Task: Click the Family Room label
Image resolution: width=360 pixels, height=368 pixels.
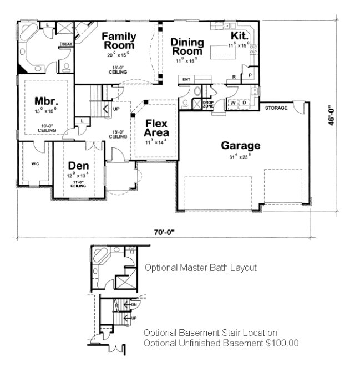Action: (119, 41)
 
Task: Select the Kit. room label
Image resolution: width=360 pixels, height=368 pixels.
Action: (239, 36)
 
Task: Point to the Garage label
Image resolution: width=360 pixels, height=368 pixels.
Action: (241, 146)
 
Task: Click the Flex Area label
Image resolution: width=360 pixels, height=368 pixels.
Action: (156, 129)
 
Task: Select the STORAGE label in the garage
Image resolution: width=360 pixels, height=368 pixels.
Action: (276, 108)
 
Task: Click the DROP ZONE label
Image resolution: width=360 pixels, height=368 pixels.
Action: (209, 104)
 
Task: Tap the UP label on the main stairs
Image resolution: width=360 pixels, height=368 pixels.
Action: (116, 109)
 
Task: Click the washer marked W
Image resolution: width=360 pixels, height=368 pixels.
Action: (233, 103)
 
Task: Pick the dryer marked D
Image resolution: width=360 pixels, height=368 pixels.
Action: (244, 103)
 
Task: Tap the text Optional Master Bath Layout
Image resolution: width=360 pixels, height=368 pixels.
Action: (200, 268)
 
